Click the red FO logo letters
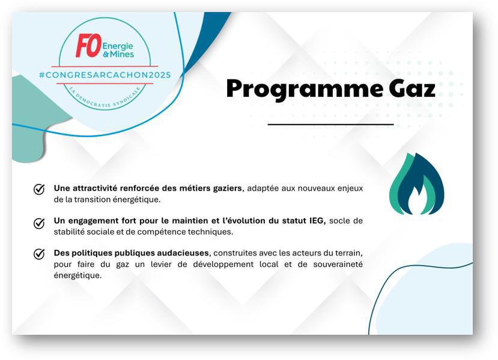89,46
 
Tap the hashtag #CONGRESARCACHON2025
105,75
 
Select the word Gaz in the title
412,89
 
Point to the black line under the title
330,124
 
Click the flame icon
417,184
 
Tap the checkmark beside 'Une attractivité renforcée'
39,189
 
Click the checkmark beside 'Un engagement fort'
39,223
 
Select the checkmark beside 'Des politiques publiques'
39,254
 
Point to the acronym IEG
317,221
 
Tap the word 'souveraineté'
338,264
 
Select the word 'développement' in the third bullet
223,264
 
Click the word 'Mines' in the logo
122,54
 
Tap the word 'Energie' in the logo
118,46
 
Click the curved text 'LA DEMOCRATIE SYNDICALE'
105,99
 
